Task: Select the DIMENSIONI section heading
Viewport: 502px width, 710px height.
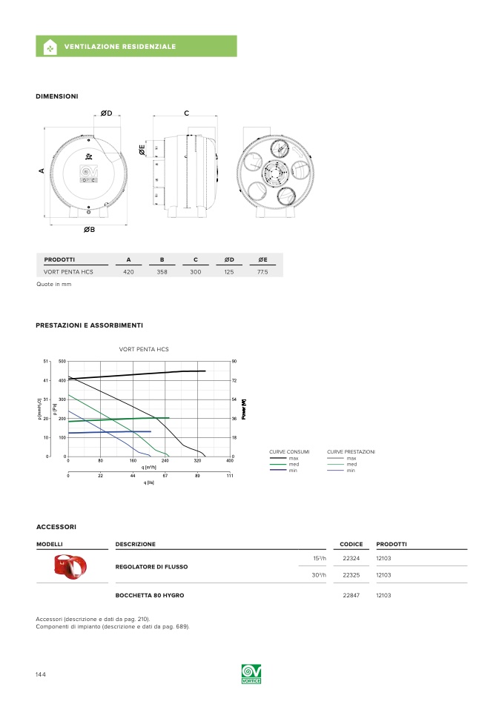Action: (x=57, y=96)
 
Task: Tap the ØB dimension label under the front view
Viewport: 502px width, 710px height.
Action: (x=89, y=230)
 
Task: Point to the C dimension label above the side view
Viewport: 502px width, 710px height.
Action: (x=187, y=113)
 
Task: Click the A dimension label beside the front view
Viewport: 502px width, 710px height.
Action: (x=42, y=171)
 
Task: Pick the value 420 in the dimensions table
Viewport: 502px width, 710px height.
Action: (x=128, y=273)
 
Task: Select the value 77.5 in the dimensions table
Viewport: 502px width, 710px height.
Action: (x=262, y=273)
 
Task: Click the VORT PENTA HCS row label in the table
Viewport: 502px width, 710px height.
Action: (x=68, y=273)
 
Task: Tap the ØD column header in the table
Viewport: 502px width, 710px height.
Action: (x=229, y=259)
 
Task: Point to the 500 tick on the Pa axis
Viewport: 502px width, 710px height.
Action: (x=62, y=362)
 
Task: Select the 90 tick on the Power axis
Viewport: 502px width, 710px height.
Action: (x=234, y=362)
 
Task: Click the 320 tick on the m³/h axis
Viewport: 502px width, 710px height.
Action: (x=198, y=461)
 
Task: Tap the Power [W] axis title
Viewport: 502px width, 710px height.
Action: (x=244, y=408)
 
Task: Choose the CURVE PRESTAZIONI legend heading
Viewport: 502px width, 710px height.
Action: (x=351, y=451)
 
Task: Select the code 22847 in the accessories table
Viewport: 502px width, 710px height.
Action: (x=351, y=595)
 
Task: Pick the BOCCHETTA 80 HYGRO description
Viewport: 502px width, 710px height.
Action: (x=150, y=595)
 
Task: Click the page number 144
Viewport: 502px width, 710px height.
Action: (x=41, y=674)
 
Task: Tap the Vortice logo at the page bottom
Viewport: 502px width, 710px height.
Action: (x=251, y=674)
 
